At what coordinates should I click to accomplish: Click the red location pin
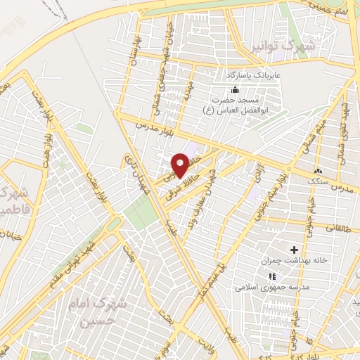coord(180,165)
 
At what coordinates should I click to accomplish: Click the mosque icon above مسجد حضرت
coord(234,89)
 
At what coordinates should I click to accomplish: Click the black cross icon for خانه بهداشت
coord(294,250)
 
